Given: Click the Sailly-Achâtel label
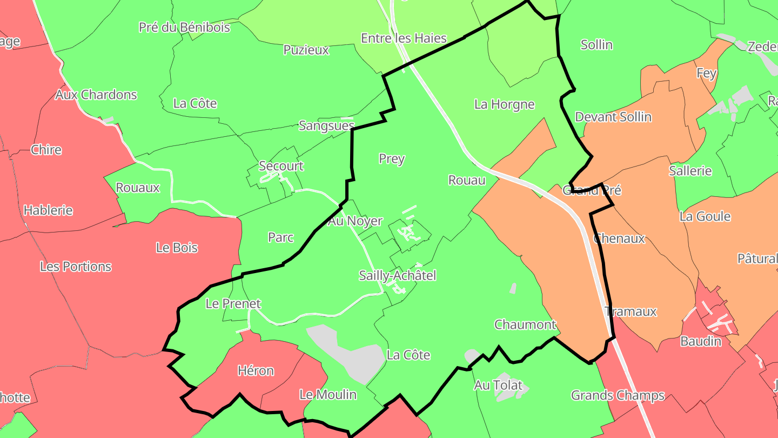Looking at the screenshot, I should point(397,276).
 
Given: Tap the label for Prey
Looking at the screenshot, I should point(392,159).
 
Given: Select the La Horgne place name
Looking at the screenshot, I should point(504,104).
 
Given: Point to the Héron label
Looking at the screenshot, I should point(256,371).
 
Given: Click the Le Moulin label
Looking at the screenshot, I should point(328,395).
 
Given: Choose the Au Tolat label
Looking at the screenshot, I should point(498,386).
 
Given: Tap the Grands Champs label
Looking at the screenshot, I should point(618,396).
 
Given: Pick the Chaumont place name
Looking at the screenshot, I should point(525,324).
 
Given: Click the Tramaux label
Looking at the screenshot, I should point(631,311).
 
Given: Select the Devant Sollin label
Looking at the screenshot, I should point(613,117).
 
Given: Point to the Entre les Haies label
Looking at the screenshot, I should point(404,38).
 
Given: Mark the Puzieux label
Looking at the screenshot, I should point(306,50).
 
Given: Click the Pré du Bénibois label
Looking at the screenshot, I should point(184,27).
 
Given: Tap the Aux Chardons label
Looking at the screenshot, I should point(96,95).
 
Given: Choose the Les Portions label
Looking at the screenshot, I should point(76,267).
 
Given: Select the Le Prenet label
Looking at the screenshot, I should point(233,304).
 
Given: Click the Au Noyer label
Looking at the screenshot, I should point(355,221).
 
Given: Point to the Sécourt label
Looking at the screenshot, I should point(281,166).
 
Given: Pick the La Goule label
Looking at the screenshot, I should point(705,217).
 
